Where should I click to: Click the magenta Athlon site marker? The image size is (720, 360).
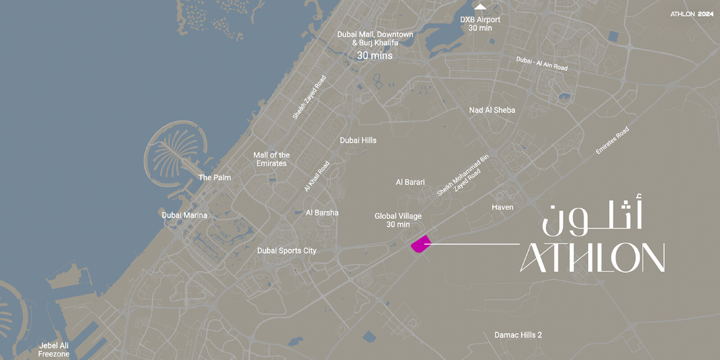click(420, 244)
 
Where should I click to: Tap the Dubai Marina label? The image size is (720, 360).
click(184, 215)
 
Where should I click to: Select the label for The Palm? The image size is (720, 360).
click(214, 177)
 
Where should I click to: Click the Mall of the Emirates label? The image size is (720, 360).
click(271, 159)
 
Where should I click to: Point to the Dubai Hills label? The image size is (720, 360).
click(358, 140)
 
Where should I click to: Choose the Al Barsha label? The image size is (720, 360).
click(322, 212)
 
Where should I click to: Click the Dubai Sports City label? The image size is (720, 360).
click(286, 251)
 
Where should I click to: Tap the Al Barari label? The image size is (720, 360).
click(410, 182)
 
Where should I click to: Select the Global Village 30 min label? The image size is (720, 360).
click(399, 220)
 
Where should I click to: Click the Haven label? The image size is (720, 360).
click(502, 207)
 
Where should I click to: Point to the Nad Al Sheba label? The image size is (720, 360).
click(492, 110)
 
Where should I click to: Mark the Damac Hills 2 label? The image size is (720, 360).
click(518, 335)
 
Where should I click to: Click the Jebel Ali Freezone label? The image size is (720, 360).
click(53, 350)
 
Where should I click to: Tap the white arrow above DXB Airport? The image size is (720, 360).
click(480, 7)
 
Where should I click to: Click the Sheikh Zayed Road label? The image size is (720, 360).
click(309, 98)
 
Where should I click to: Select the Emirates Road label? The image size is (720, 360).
click(612, 140)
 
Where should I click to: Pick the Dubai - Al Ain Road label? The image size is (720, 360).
click(542, 63)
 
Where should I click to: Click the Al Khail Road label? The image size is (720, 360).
click(316, 176)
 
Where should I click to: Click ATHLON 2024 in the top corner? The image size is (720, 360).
click(692, 14)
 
